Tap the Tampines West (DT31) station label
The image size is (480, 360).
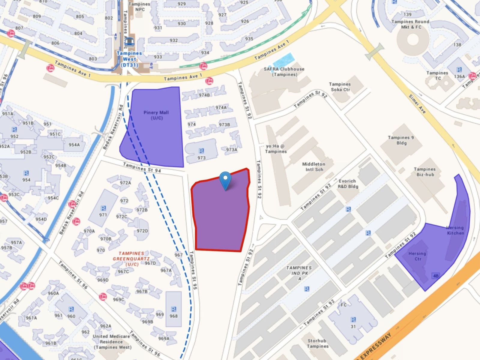pos(129,59)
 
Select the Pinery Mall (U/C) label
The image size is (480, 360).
pos(156,115)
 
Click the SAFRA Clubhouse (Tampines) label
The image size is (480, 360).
pos(284,72)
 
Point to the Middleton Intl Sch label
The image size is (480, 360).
pos(314,167)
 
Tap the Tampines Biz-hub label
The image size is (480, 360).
pos(425,172)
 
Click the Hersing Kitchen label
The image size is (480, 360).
pos(455,230)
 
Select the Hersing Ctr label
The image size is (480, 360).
pos(417,256)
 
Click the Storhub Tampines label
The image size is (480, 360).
pos(317,343)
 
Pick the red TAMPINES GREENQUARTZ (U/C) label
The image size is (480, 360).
pos(131,259)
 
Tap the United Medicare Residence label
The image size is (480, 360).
pos(112,342)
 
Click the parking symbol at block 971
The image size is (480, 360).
pos(103,208)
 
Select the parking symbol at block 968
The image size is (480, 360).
pos(173,309)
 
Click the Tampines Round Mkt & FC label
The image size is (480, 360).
pos(410,24)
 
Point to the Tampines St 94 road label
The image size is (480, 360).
pos(142,168)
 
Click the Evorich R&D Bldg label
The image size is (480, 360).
pos(347,184)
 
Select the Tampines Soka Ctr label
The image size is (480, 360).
pos(340,87)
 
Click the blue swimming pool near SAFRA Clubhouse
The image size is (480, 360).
pos(283,60)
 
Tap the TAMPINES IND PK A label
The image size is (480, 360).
pos(299,273)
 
